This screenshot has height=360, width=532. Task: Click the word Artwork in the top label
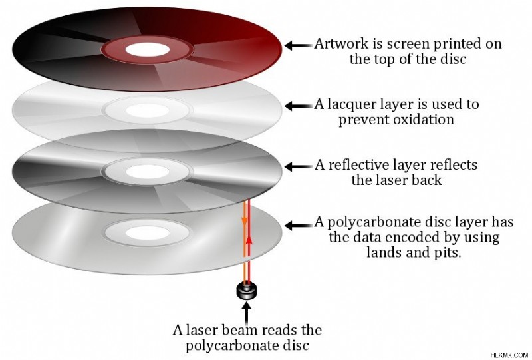point(336,44)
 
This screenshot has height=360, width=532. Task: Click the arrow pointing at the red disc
point(298,45)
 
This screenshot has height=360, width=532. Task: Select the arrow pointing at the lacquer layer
point(298,106)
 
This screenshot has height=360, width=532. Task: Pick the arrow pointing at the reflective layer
point(298,166)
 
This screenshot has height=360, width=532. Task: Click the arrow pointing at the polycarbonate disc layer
point(298,225)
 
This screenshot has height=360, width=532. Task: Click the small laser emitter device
point(246,291)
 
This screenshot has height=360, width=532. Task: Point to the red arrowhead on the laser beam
point(249,240)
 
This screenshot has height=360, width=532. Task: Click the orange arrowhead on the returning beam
point(244,222)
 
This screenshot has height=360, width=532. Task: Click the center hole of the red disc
point(147,49)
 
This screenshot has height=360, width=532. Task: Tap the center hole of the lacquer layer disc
point(147,110)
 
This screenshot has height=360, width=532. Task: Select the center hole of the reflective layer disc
point(147,172)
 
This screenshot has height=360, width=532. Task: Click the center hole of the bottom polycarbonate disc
point(147,233)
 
